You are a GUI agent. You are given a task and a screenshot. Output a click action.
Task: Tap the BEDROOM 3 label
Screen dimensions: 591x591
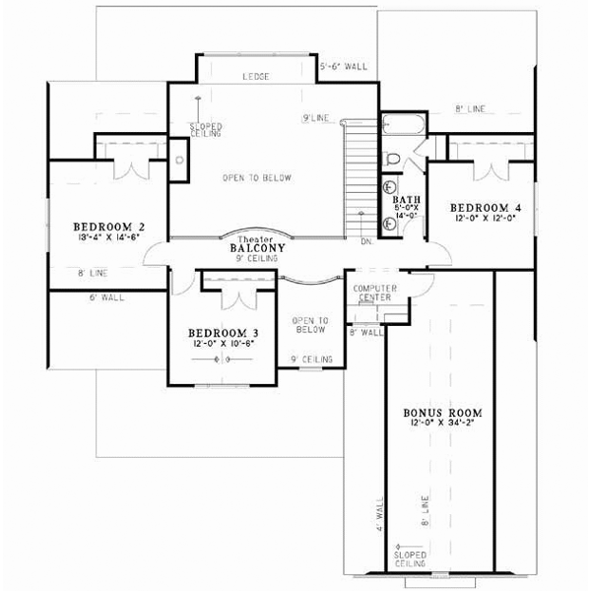tap(223, 333)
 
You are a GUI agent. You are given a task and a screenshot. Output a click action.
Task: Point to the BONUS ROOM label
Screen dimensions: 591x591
tap(438, 414)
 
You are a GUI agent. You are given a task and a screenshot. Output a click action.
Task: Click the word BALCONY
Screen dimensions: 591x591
tap(258, 249)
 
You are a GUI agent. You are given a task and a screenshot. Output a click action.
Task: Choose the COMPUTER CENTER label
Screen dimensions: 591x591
tap(372, 293)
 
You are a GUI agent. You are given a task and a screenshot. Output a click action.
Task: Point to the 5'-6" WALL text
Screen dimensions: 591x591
tap(344, 67)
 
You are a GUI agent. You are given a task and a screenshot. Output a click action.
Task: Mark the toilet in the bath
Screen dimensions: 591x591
tap(393, 159)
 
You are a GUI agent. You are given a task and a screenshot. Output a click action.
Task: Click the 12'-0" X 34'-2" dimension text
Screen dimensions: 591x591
tap(438, 424)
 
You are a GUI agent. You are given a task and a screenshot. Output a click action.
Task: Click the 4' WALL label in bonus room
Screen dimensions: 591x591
tap(380, 515)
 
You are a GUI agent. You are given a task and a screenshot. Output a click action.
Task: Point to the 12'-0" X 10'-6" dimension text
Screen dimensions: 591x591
tap(223, 344)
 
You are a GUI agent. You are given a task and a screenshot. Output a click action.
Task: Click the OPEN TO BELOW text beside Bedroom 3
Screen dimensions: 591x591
tap(308, 326)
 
